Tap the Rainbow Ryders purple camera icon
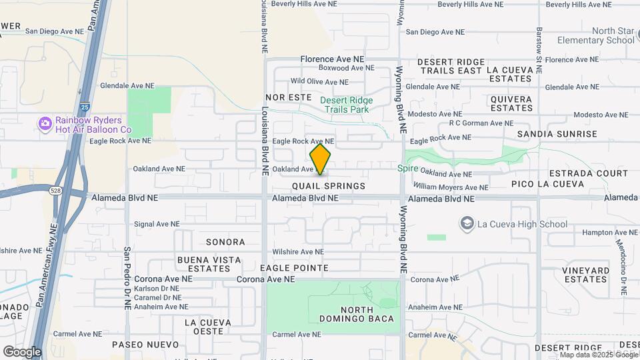(45, 123)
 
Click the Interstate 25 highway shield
(83, 106)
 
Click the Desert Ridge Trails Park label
(346, 105)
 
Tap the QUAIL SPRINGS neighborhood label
(329, 186)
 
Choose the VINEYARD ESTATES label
(585, 275)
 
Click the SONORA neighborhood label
(225, 242)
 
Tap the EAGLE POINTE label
(294, 268)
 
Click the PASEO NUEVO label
(145, 345)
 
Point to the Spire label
(407, 169)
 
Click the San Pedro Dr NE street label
(127, 278)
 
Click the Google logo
(22, 351)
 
